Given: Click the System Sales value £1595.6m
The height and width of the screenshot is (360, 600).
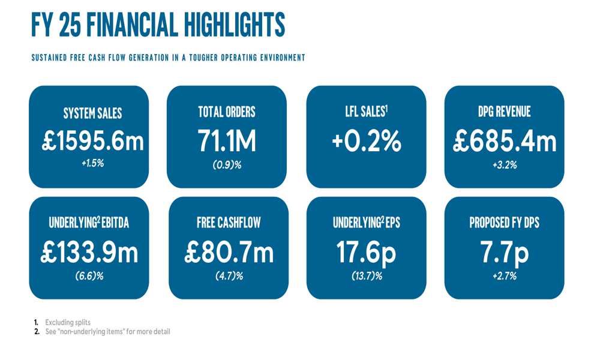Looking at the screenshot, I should coord(93,142).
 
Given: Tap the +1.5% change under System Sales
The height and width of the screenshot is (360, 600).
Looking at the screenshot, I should coord(93,163).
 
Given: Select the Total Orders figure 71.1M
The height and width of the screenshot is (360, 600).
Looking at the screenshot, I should coord(227,142).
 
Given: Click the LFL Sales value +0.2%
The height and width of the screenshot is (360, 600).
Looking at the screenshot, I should coord(366,142).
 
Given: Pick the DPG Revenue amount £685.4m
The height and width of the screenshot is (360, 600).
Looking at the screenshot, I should coord(505,142).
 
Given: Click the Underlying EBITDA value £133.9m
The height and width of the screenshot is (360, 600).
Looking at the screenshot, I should coord(89,252).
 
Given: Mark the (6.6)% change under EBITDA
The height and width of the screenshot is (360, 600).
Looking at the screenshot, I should coord(89,276).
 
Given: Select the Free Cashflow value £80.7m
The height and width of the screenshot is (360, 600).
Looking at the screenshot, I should coord(229,252).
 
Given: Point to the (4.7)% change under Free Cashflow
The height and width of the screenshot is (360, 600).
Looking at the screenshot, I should coord(229,276).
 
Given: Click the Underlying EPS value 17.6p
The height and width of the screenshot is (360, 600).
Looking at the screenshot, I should coord(366,252).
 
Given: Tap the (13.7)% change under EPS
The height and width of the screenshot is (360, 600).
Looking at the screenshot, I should coord(367,276).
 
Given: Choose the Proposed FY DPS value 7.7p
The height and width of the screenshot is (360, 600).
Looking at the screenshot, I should coord(505,252).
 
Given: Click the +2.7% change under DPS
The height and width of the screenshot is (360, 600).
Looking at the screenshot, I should coord(505,276).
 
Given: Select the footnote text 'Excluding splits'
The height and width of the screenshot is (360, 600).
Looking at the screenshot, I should coord(68,323).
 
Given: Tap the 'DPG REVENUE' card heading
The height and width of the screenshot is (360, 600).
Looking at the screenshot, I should coord(504,112).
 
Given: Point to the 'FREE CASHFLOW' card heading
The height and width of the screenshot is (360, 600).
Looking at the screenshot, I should coord(229,223).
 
